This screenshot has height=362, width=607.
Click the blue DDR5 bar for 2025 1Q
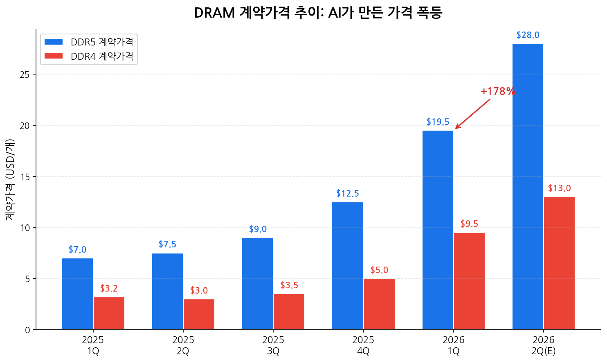point(77,294)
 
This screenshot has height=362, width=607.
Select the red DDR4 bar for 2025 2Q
point(199,314)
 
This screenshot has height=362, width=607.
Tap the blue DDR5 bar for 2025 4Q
point(348,266)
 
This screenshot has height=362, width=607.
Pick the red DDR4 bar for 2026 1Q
point(469,281)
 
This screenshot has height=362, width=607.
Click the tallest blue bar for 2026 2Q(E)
point(528,186)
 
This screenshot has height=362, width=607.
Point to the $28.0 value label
point(528,35)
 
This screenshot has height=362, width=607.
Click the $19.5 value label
point(438,122)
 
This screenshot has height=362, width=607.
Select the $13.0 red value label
point(559,188)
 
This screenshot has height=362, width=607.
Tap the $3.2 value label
point(109,289)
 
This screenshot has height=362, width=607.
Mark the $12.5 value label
point(348,194)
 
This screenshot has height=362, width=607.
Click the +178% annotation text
point(498,91)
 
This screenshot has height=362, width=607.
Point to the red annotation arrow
point(472,114)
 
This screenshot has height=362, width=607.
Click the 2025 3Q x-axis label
point(273,345)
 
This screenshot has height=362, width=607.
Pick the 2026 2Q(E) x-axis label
point(543,345)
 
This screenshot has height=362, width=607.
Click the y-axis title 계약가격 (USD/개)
point(10,179)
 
